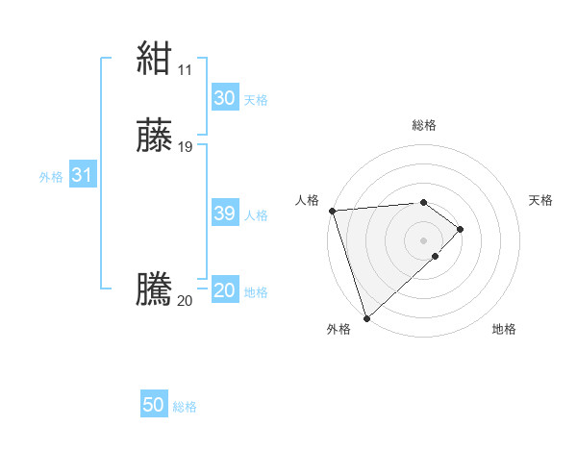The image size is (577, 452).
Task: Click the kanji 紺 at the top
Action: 154,60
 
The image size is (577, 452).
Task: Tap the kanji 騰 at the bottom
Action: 154,289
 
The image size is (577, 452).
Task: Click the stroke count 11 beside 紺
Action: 185,70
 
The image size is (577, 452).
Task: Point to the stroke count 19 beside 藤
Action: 186,147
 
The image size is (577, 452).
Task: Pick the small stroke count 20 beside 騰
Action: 185,301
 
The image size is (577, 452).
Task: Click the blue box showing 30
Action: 224,98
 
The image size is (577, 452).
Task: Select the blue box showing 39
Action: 224,213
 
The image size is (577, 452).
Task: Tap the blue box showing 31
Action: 82,175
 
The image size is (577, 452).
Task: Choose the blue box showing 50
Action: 154,405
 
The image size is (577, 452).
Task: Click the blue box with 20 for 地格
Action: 224,290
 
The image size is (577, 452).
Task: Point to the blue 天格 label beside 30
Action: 256,100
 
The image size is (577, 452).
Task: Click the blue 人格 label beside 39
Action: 256,215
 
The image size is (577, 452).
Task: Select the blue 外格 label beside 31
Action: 51,177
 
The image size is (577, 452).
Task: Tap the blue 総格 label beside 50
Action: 185,407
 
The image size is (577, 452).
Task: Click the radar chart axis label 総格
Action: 424,125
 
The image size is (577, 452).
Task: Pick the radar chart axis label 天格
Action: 541,200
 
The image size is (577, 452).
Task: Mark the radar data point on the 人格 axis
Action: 332,211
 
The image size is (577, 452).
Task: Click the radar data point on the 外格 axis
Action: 366,318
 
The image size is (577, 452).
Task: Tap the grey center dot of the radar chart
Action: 424,239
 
